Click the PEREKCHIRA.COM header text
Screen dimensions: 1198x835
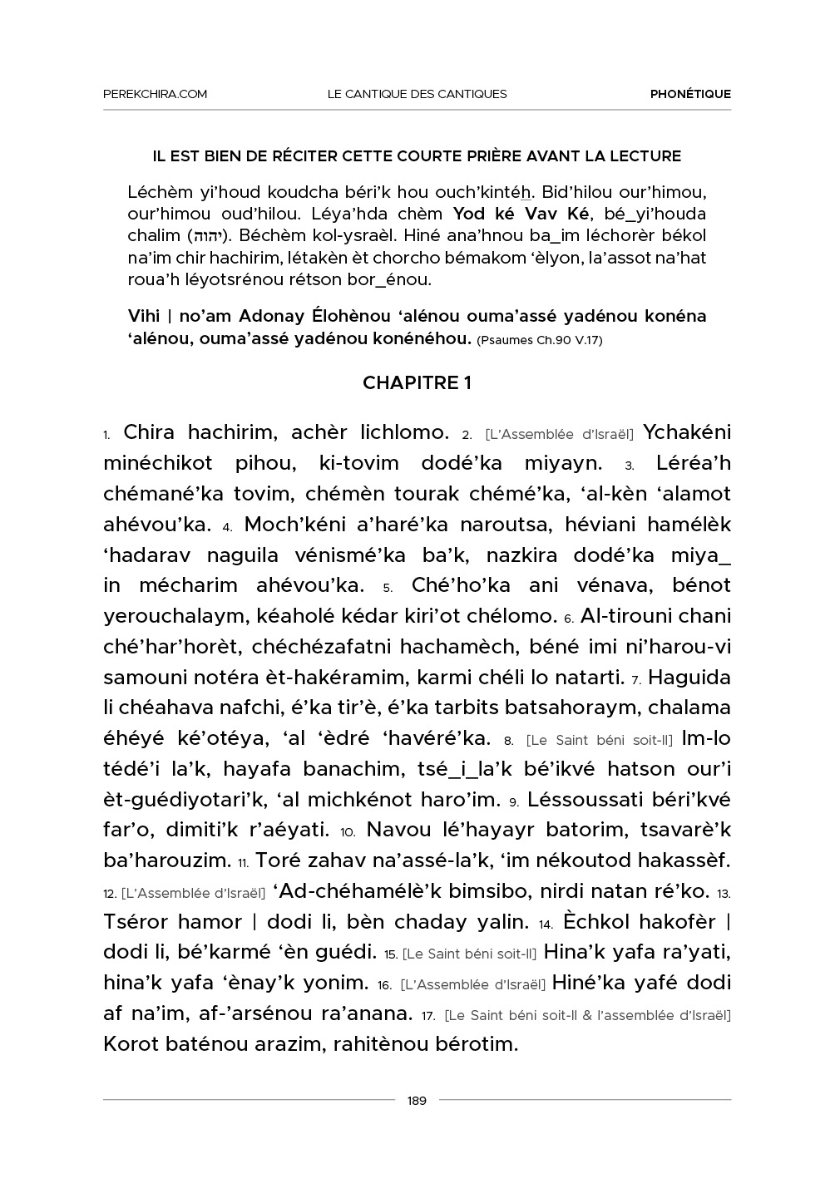click(x=155, y=94)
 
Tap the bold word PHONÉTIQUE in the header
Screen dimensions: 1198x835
click(x=690, y=94)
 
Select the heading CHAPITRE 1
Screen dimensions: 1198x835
click(x=417, y=382)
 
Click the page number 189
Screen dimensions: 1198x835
click(x=417, y=1101)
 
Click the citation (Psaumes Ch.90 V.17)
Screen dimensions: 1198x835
click(x=540, y=340)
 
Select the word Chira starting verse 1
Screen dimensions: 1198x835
click(x=149, y=432)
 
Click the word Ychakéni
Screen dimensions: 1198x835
click(x=688, y=432)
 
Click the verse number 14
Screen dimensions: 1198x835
click(x=546, y=924)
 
